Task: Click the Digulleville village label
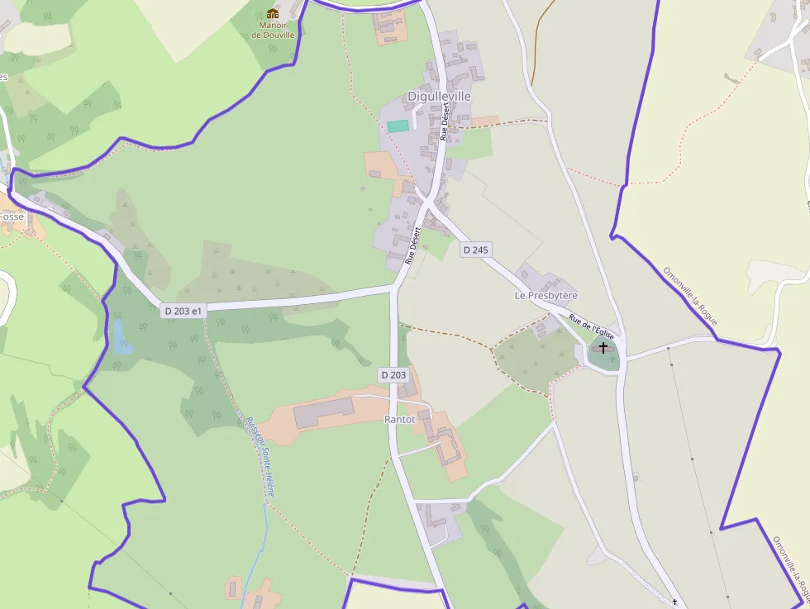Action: coord(439,96)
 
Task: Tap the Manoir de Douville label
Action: coord(273,30)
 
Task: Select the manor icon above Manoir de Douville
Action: coord(273,13)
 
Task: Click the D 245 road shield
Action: coord(476,250)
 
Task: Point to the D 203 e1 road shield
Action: coord(183,311)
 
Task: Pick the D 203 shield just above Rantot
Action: coord(394,375)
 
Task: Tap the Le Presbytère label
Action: coord(546,295)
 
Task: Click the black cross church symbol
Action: coord(603,348)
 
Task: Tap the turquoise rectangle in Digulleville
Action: coord(398,126)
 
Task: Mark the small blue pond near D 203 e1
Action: coord(122,338)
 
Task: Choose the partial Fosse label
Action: coord(12,216)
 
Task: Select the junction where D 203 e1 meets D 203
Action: coord(394,288)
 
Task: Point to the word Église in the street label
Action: coord(603,334)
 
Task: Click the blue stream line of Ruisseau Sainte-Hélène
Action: coord(264,529)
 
